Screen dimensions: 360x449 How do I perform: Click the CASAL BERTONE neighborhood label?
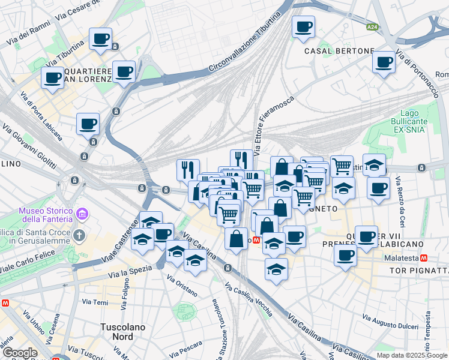(x=339, y=51)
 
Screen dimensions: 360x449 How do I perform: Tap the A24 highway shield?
(x=372, y=26)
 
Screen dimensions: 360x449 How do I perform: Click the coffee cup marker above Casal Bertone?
(x=303, y=27)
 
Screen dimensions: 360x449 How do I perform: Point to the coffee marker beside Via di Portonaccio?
(x=384, y=62)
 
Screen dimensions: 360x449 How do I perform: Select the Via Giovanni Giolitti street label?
(x=29, y=146)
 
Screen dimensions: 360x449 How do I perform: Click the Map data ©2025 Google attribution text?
(x=411, y=355)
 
